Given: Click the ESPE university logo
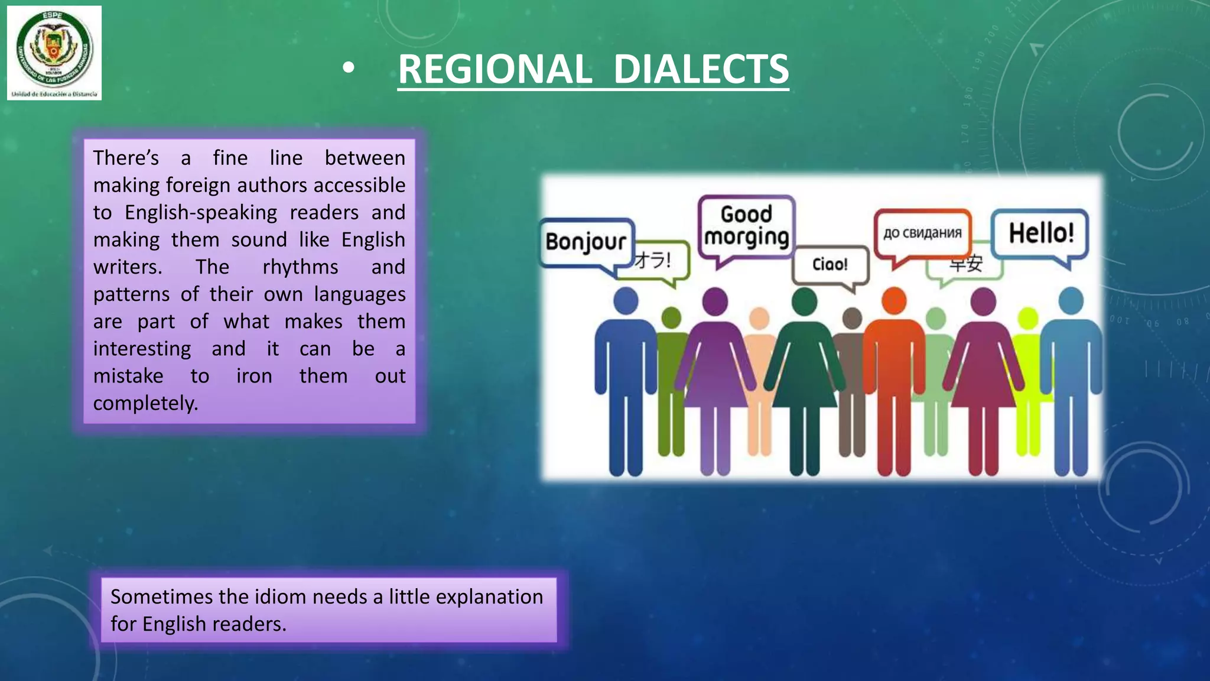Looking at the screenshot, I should pyautogui.click(x=54, y=52).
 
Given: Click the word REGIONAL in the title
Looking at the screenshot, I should pyautogui.click(x=495, y=69).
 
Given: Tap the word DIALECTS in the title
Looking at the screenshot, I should pyautogui.click(x=701, y=69).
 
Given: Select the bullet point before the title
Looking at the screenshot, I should pyautogui.click(x=349, y=69).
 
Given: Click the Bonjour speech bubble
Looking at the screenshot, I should pyautogui.click(x=586, y=242).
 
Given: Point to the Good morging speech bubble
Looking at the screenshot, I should pyautogui.click(x=746, y=226).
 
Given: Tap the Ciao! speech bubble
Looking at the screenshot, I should pyautogui.click(x=830, y=264).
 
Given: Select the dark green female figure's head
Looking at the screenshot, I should pyautogui.click(x=804, y=301).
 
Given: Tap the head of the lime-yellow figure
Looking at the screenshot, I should pyautogui.click(x=1028, y=319).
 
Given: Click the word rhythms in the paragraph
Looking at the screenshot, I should pyautogui.click(x=300, y=267).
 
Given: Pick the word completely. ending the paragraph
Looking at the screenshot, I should pyautogui.click(x=145, y=403).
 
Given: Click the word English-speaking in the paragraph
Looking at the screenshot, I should pyautogui.click(x=201, y=213).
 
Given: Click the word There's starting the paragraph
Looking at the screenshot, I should pyautogui.click(x=126, y=158).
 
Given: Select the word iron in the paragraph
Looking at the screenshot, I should pyautogui.click(x=254, y=376).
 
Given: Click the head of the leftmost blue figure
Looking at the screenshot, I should pyautogui.click(x=626, y=300).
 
